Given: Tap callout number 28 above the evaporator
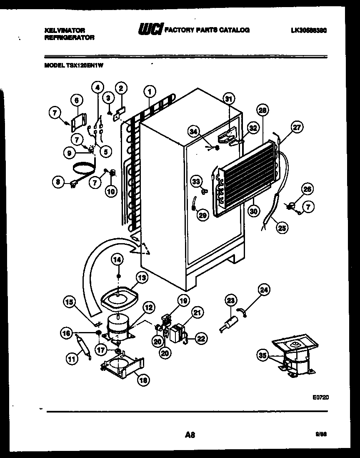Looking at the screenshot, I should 262,111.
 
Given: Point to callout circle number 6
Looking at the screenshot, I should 76,100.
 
